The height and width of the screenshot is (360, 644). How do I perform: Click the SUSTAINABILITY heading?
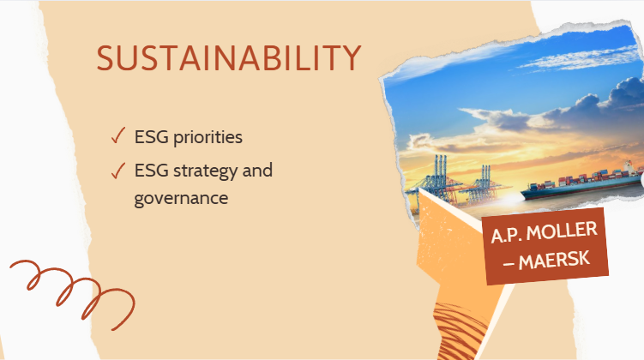point(229,58)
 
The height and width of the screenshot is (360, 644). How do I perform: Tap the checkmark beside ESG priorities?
point(117,135)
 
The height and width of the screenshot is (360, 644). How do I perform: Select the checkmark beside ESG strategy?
point(117,171)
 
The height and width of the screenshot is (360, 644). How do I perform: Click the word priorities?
point(208,137)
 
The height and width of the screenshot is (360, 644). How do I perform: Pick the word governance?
point(181,199)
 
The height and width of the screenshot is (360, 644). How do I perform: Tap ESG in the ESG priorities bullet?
point(152,137)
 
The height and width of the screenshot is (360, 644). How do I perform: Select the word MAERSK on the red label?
point(554,261)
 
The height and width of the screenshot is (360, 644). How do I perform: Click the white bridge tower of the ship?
point(629,166)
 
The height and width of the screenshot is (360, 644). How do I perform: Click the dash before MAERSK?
point(509,264)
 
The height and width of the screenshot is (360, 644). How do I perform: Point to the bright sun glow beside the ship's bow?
point(511,198)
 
